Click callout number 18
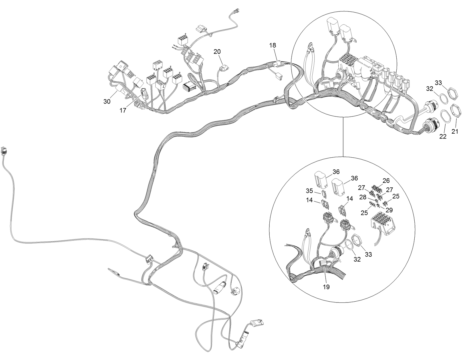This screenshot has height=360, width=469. point(273,46)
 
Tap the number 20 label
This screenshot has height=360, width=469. point(217,52)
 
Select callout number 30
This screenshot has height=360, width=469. point(107,102)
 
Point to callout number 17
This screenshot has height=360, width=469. point(123,110)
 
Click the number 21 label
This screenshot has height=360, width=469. point(455,132)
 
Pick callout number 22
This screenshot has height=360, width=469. point(443,137)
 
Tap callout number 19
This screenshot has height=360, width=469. point(326,287)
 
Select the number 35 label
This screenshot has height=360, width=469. point(309,191)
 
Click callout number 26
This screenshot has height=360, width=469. point(386,180)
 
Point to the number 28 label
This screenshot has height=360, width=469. point(363,197)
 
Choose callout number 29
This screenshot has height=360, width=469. point(389,210)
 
